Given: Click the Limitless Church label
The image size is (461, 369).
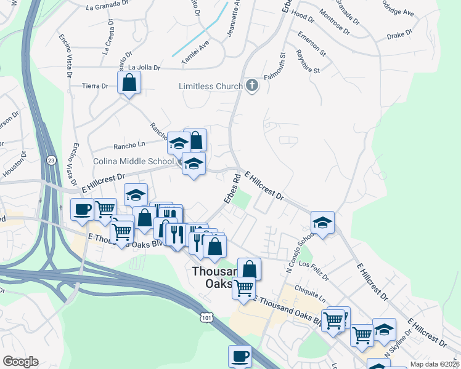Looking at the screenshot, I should pos(210,86).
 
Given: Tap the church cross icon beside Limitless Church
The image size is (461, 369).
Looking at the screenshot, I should pos(251,85).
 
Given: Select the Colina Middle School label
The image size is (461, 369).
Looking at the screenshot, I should pos(133,162).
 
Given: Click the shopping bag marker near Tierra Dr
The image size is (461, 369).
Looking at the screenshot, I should pos(129,82).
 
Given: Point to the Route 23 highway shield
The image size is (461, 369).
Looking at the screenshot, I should pos(51,159).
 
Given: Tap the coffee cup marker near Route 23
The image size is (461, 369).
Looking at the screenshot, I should pos(83,210).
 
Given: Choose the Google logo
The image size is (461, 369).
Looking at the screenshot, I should pos(20,362).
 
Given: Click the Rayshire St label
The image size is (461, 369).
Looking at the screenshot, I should pos(308,61).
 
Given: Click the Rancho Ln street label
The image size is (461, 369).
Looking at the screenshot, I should pos(129,146).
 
